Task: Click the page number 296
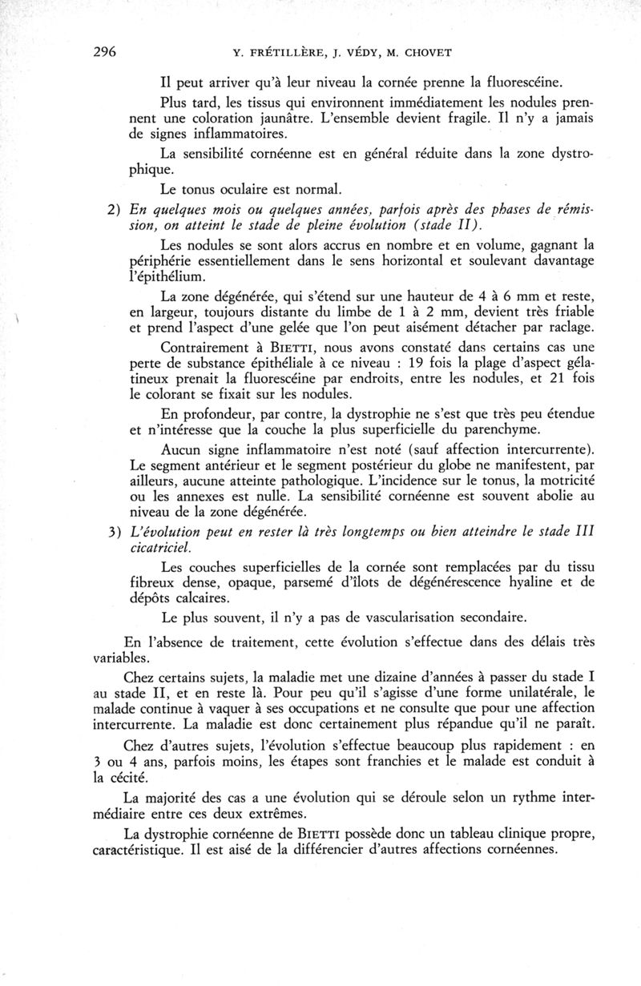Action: [105, 54]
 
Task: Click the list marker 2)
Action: [114, 210]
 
